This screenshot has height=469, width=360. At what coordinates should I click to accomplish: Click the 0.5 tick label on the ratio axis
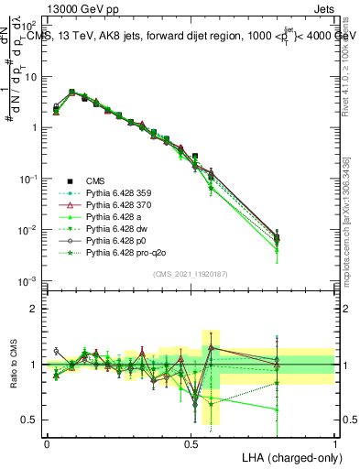coord(30,420)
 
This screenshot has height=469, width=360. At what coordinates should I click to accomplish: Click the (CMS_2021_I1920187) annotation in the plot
coord(191,274)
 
